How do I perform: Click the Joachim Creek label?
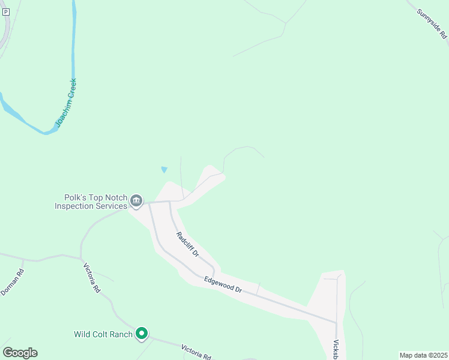pos(67,103)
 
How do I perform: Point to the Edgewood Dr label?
pos(223,284)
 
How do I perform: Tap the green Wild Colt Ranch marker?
pos(142,333)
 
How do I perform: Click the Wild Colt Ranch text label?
pos(103,334)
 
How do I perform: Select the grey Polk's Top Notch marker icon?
pos(136,200)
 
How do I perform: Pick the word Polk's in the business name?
pos(76,197)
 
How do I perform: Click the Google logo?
pos(20,353)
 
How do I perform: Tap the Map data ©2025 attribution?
pos(423,355)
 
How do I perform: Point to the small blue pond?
pos(164,169)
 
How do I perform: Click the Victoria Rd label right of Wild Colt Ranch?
pos(196,352)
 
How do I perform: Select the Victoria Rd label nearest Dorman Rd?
pos(92,278)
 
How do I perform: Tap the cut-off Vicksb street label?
pos(337,350)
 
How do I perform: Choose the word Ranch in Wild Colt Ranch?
pos(120,334)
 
